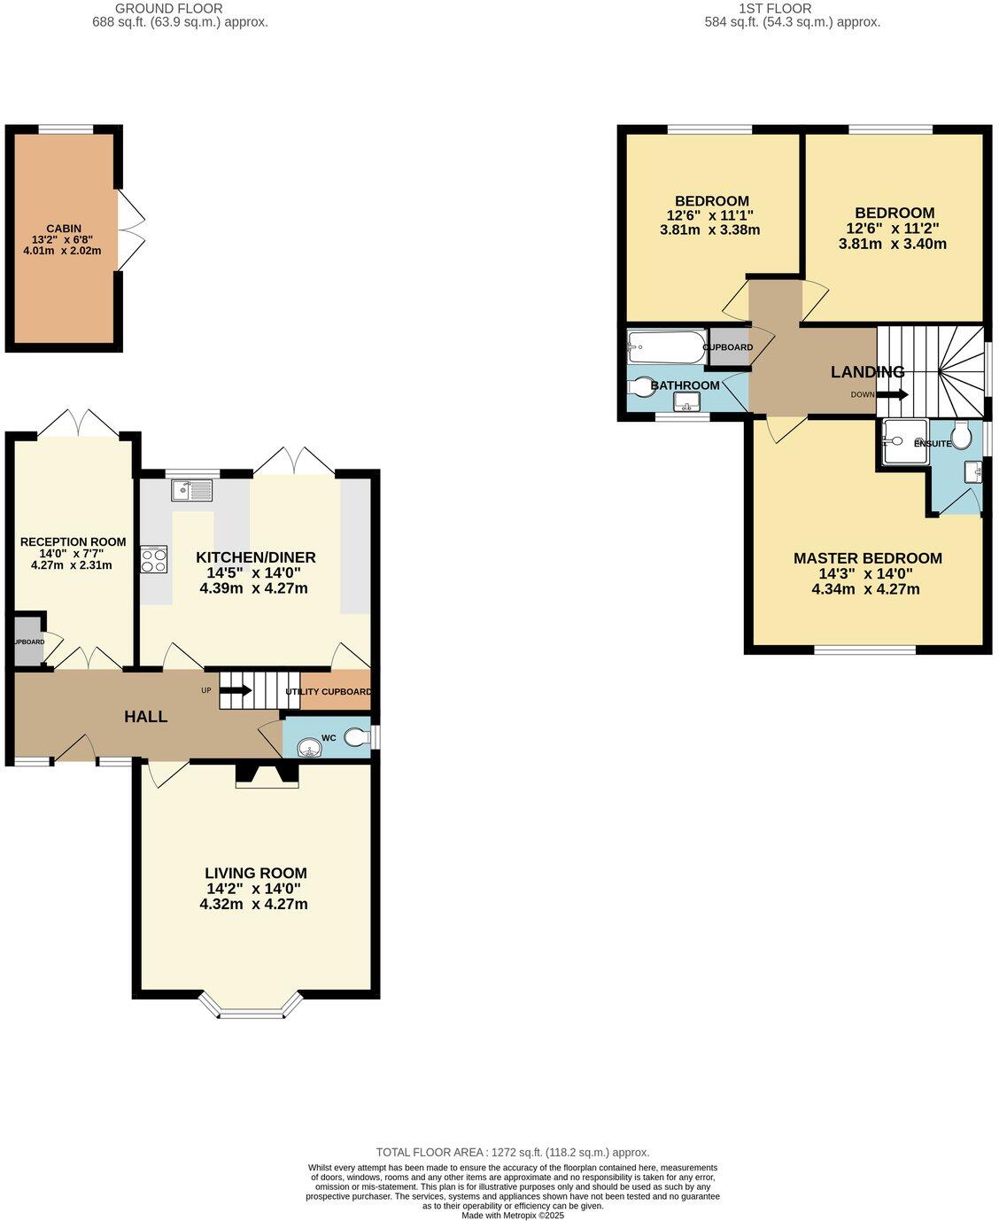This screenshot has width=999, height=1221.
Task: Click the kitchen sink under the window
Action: pos(192,490)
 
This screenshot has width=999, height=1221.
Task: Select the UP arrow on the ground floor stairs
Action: pos(236,689)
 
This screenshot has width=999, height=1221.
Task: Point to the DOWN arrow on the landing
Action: pos(893,394)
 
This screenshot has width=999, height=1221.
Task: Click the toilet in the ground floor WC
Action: pos(357,737)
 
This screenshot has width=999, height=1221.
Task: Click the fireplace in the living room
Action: pos(267,775)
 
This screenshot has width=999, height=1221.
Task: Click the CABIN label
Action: pos(63,229)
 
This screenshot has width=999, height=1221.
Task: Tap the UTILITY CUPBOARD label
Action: pos(328,692)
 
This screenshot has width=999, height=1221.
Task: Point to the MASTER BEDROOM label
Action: pos(867,558)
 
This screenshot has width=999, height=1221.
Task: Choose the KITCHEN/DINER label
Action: pos(255,557)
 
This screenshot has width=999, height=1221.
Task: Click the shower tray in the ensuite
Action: pos(903,441)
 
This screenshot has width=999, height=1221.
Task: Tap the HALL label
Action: pos(146,717)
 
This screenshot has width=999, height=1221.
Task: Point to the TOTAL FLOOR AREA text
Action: pos(513,1152)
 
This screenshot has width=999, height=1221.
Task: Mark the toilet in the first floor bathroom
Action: pos(640,387)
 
